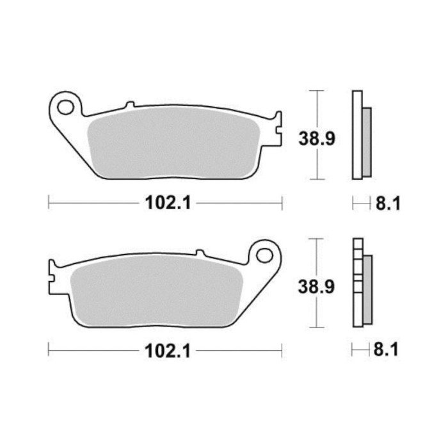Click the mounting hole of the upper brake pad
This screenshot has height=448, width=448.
tap(65, 107)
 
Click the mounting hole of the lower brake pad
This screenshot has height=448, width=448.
tap(264, 255)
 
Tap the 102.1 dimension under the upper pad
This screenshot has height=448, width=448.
tap(168, 203)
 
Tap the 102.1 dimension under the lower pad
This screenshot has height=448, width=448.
tap(168, 351)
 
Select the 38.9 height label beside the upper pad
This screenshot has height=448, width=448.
tap(317, 139)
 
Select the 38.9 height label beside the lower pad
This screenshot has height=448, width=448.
tap(316, 287)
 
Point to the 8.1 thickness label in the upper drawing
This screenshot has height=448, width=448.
tap(388, 204)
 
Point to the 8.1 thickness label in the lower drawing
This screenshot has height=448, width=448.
tap(386, 349)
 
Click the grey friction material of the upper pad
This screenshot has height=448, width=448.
tap(173, 142)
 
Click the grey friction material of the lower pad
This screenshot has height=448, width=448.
tap(157, 291)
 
